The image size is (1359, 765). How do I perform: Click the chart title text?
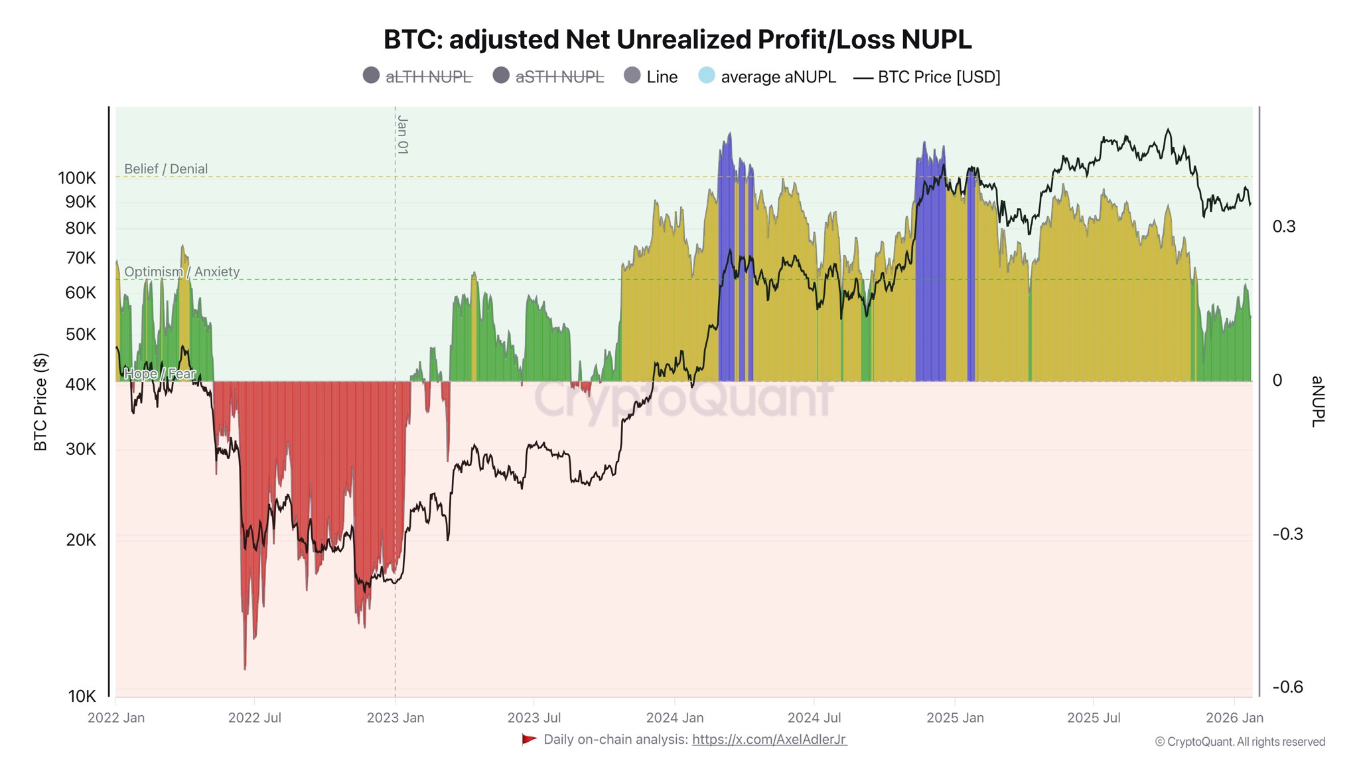[x=678, y=40]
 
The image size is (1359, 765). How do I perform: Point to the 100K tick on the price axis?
[x=77, y=178]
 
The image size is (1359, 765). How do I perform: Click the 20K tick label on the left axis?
[x=81, y=540]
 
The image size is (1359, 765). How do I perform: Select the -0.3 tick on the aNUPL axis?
[x=1287, y=535]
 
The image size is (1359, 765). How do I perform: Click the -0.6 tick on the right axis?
[x=1287, y=687]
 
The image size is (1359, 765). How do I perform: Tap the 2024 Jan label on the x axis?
[x=675, y=718]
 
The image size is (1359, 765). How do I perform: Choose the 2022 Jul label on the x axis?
[x=255, y=718]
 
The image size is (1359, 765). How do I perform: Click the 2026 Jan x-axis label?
[x=1234, y=718]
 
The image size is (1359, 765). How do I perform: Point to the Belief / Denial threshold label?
[x=166, y=169]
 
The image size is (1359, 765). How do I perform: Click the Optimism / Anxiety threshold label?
[x=182, y=272]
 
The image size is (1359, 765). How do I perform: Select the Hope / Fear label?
[x=160, y=374]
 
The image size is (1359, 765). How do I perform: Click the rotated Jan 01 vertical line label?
[x=403, y=135]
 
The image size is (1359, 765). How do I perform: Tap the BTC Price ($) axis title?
[x=40, y=402]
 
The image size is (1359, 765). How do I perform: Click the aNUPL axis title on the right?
[x=1318, y=401]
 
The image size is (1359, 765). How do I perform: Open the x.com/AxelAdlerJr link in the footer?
[x=769, y=739]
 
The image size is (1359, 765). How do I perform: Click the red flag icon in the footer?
[x=529, y=739]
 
